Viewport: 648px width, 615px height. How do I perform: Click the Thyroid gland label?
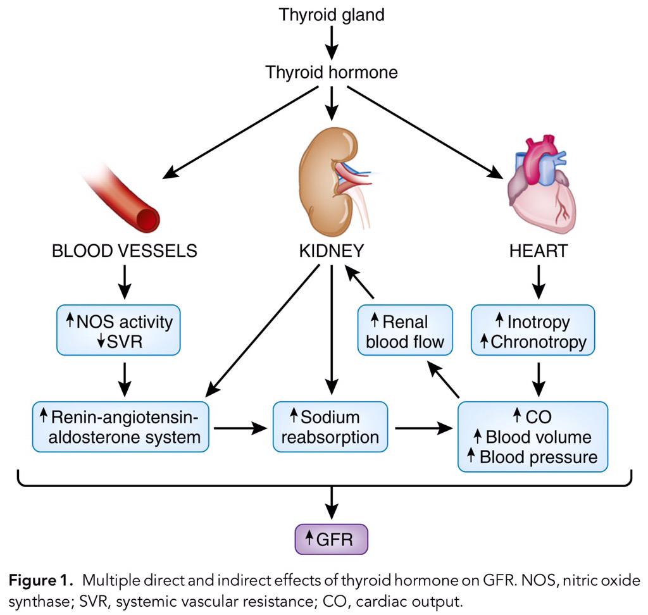(332, 15)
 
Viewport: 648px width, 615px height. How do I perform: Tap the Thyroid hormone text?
(332, 72)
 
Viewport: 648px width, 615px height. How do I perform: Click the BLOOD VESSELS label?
(125, 251)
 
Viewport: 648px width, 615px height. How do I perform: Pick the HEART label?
(538, 251)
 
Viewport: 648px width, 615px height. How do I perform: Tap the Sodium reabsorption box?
(330, 427)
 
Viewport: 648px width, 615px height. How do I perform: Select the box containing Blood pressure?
(532, 437)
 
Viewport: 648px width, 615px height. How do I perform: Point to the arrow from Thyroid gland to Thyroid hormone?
(332, 43)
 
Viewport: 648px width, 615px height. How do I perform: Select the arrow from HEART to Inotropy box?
(538, 282)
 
